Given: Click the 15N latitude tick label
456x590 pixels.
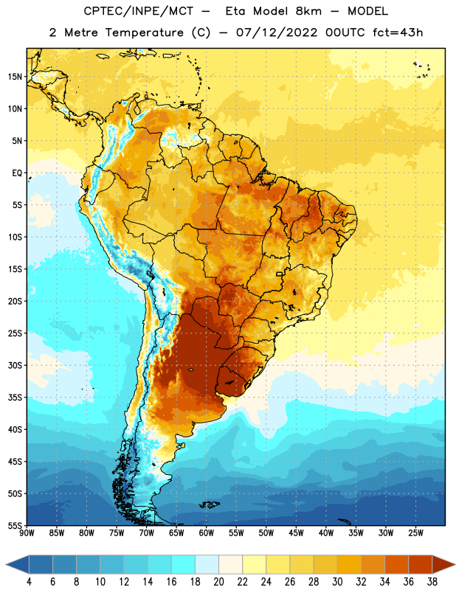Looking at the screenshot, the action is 15,77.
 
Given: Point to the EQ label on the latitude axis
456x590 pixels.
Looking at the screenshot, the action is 17,173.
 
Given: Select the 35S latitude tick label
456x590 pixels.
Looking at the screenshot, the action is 15,398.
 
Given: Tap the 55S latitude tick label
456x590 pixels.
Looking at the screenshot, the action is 15,525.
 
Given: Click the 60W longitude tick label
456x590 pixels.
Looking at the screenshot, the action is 207,533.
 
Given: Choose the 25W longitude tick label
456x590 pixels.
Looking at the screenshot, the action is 415,533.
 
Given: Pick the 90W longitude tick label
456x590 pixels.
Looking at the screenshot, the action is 27,533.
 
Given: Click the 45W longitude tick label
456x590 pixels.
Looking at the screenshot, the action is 296,533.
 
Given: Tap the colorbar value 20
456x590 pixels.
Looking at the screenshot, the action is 218,582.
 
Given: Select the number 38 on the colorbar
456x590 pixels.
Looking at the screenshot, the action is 432,582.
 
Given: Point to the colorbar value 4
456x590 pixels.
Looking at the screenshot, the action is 29,582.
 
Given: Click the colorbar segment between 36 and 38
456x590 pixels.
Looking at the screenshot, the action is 421,564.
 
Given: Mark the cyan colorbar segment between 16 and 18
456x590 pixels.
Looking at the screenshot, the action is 184,564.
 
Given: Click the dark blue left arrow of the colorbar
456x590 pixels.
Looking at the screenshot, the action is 17,564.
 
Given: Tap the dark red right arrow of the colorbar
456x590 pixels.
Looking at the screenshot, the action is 443,564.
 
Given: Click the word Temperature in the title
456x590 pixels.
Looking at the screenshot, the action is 144,32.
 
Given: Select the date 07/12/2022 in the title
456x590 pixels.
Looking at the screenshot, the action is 277,32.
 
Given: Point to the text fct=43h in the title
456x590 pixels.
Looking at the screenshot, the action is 398,32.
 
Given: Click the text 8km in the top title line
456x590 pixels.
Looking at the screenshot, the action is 308,11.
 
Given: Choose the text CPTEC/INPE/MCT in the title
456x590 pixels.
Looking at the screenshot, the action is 138,11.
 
